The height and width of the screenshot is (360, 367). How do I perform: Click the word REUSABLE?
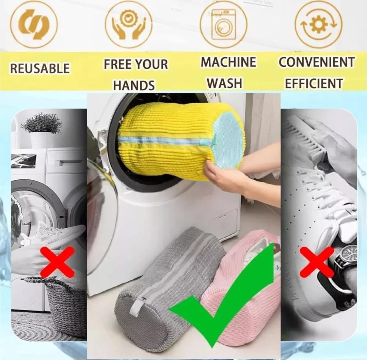pyautogui.click(x=40, y=68)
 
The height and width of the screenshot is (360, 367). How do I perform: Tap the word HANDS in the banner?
pyautogui.click(x=134, y=85)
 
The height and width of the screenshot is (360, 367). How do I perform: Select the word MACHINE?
pyautogui.click(x=228, y=62)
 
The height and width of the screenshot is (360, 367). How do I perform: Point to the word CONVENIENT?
pyautogui.click(x=317, y=62)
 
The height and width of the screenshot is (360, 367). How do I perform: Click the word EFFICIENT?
pyautogui.click(x=314, y=83)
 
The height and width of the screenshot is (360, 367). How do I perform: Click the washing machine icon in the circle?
pyautogui.click(x=223, y=24)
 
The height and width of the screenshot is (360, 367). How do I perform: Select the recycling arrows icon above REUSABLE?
pyautogui.click(x=34, y=24)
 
